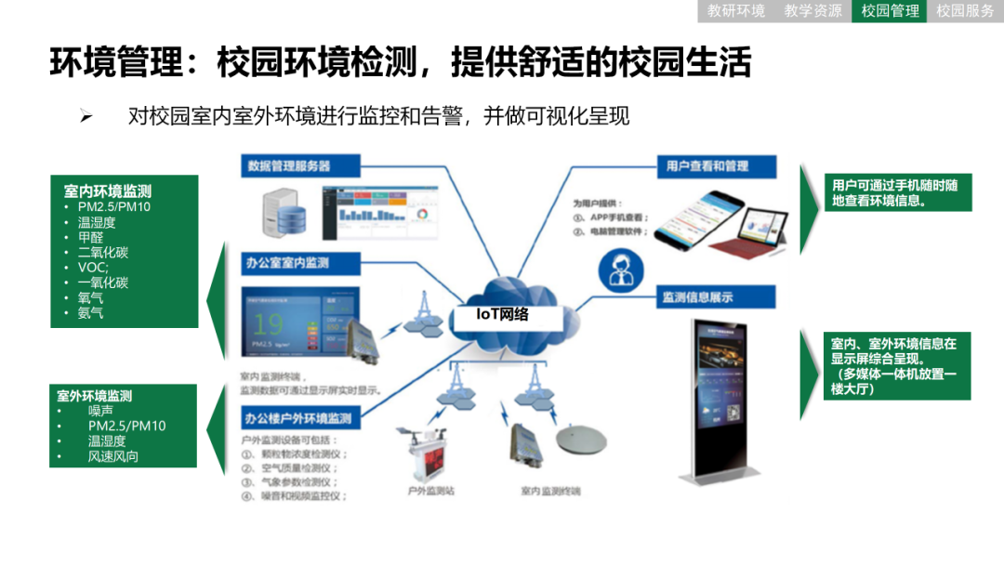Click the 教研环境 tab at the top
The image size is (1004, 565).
(x=736, y=11)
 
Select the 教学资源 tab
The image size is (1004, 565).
(x=812, y=11)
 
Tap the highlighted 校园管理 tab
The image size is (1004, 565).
(x=890, y=11)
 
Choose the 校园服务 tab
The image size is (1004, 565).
(x=965, y=11)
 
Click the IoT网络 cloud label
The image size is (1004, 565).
(x=503, y=314)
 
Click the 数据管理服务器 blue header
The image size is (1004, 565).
(x=289, y=166)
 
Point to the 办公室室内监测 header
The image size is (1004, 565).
(x=288, y=263)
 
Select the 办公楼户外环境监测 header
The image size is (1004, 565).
(x=299, y=418)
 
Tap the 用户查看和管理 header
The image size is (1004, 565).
(x=707, y=166)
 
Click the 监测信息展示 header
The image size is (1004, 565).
(x=697, y=297)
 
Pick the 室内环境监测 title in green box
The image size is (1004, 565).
(x=108, y=191)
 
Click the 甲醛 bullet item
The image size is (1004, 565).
(x=91, y=238)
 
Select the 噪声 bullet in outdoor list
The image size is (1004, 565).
(x=100, y=411)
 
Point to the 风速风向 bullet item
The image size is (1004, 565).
(x=113, y=456)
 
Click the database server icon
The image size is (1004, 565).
(x=282, y=211)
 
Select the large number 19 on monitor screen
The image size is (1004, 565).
(x=270, y=323)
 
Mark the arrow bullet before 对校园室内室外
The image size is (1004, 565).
(x=86, y=116)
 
